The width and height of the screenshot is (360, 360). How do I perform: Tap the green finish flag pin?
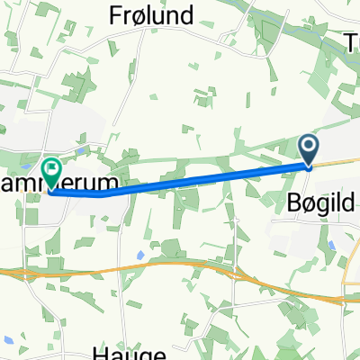[51, 169]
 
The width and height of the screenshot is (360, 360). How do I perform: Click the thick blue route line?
[207, 179]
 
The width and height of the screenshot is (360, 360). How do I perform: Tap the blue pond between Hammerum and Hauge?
[139, 255]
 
